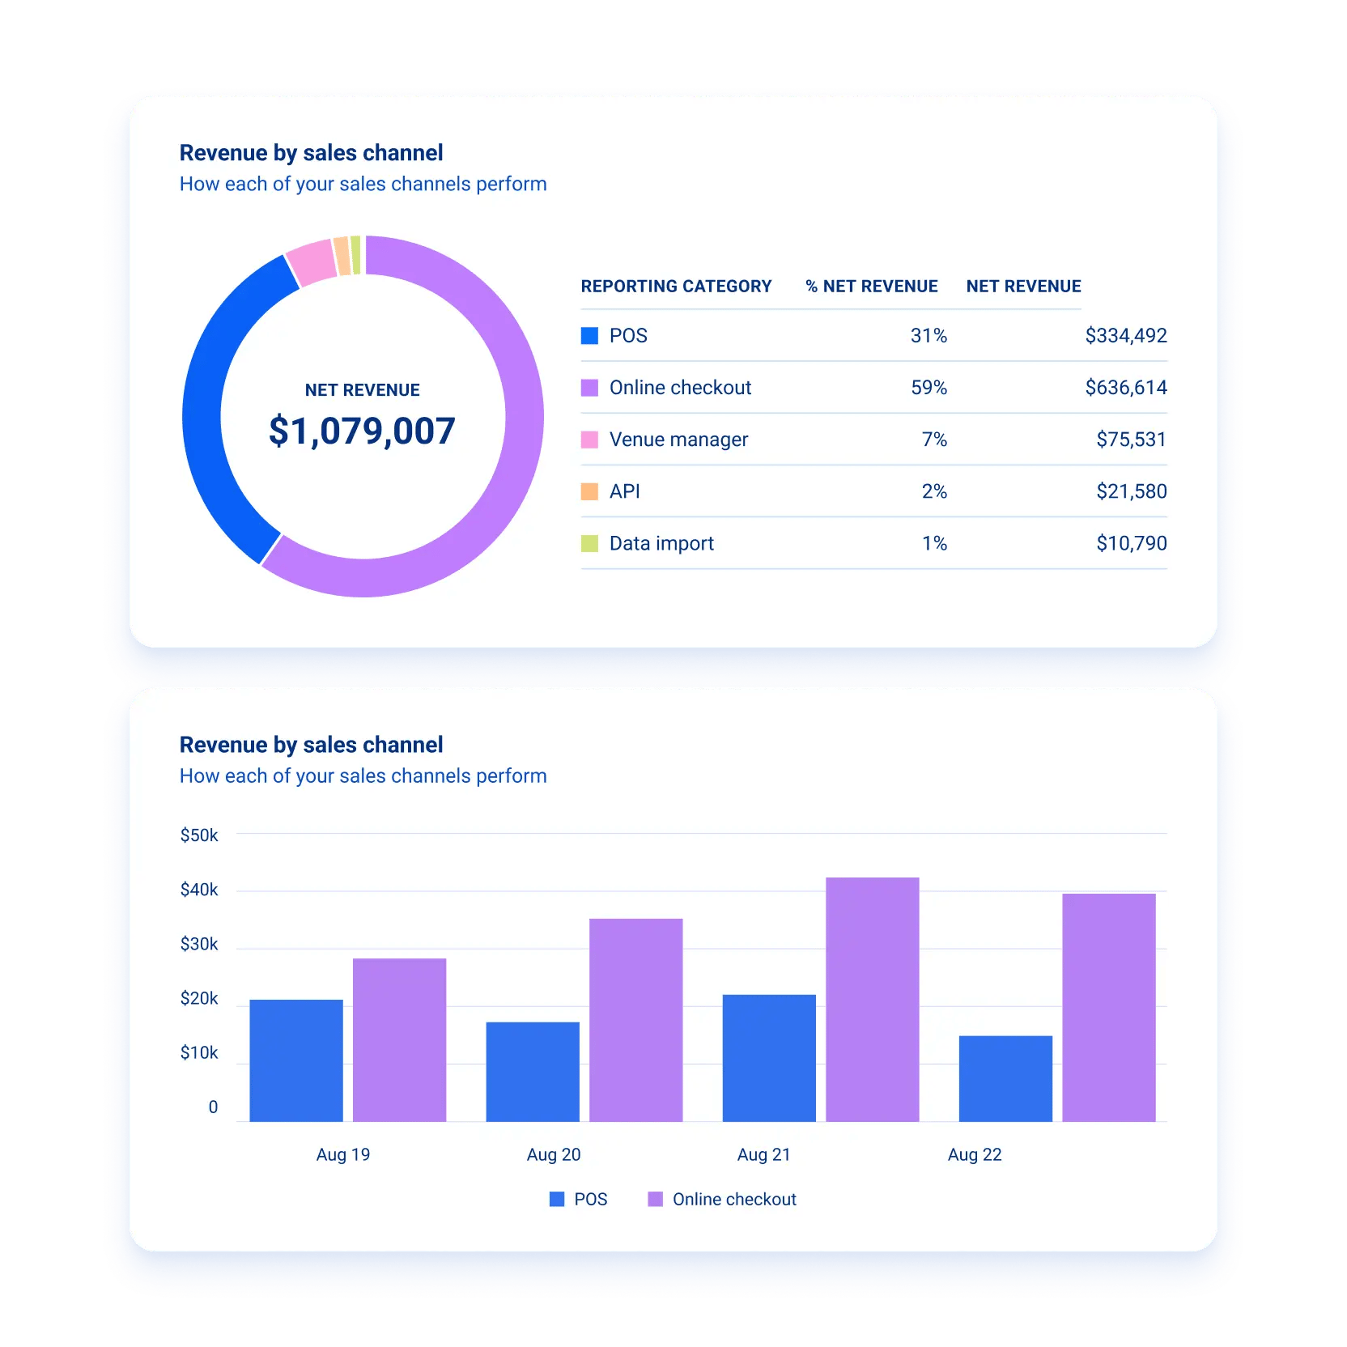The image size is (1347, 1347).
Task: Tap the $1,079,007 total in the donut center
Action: pos(362,431)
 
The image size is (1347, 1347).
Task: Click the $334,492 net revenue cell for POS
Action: pos(1125,335)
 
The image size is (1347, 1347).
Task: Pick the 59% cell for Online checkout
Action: pos(928,388)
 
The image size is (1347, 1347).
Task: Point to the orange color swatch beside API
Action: pos(589,491)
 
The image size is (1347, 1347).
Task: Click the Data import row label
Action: pos(661,543)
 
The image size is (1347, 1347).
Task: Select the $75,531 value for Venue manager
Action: pos(1131,440)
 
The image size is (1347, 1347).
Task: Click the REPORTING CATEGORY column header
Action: pos(676,287)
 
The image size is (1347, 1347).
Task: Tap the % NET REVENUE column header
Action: pos(872,287)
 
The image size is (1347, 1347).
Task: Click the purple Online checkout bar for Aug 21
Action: pos(872,1000)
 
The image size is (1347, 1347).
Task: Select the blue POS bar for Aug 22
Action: pos(1005,1078)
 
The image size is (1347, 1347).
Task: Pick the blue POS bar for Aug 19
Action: pos(296,1060)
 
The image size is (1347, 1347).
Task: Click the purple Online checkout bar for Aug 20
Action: pos(635,1020)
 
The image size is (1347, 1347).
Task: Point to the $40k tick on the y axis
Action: pos(199,890)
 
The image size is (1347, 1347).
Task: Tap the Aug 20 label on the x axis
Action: pos(554,1155)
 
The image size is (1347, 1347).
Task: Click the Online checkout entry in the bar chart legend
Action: pos(723,1200)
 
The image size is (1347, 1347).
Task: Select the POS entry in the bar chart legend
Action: pos(579,1200)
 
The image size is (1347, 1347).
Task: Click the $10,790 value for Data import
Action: pos(1131,543)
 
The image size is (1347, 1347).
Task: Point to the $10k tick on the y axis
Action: pos(199,1053)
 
